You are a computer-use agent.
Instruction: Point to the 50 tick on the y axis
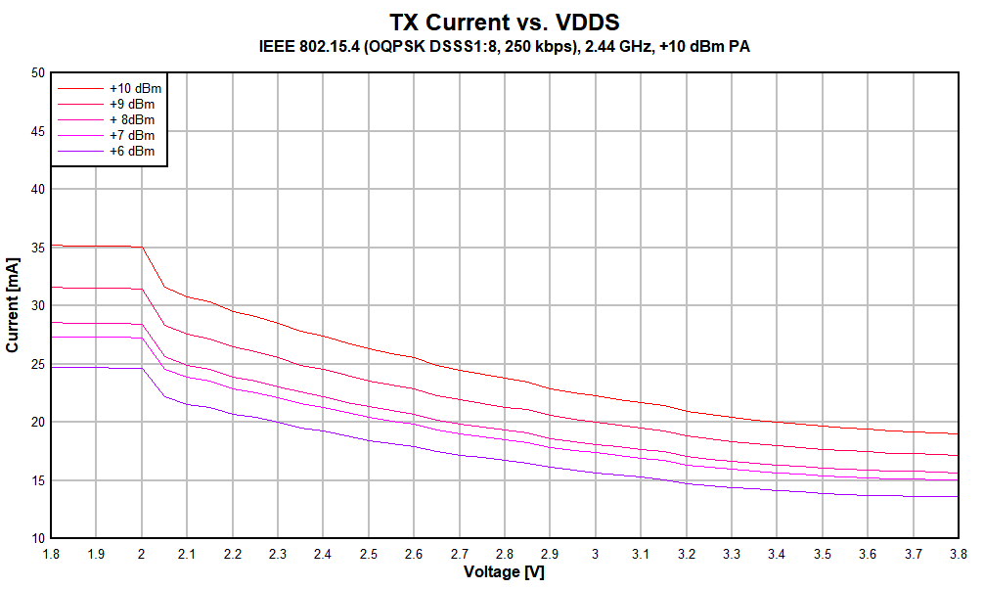point(38,72)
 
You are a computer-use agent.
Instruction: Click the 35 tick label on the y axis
point(38,248)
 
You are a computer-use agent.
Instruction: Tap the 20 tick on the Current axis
point(38,422)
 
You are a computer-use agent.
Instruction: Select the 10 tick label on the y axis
point(38,538)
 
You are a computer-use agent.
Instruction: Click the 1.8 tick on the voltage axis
point(51,554)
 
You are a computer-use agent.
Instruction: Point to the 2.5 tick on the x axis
point(369,554)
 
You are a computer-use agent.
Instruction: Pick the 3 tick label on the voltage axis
point(596,554)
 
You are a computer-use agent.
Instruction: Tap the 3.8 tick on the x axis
point(958,554)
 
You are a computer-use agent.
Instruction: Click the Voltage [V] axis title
point(504,572)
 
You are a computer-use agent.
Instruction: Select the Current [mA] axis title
point(13,305)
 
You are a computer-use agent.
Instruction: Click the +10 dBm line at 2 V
point(142,248)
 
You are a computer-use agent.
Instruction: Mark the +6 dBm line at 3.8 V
point(958,496)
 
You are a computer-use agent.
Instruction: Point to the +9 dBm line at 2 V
point(142,289)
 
